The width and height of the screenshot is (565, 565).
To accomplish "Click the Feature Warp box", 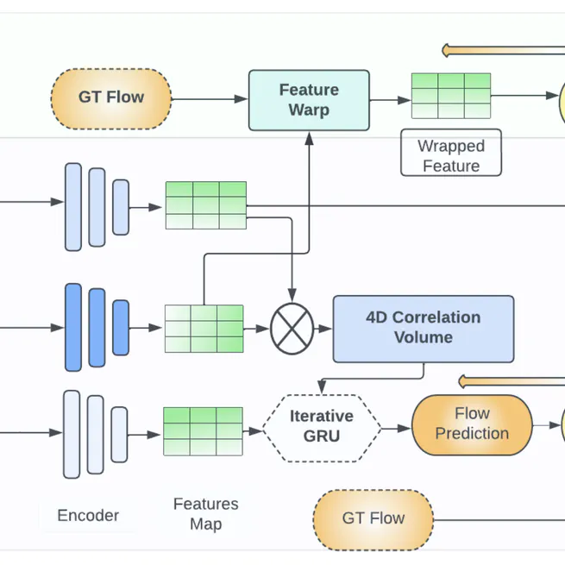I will pos(309,100).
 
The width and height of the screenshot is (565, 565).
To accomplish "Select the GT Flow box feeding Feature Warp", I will pos(111,98).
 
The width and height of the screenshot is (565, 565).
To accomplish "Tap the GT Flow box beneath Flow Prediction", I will pos(373,519).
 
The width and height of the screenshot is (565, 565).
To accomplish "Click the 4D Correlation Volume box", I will pos(423,328).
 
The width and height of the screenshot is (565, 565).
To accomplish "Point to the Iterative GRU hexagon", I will pos(321,427).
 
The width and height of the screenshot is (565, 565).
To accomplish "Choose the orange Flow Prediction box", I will pos(472,424).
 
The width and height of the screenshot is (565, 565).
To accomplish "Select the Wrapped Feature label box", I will pos(450,156).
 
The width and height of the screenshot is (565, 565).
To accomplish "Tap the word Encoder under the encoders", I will pos(88,516).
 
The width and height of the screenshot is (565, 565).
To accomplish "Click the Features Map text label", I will pos(205,514).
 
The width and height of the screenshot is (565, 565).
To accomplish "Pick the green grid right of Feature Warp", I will pos(450,95).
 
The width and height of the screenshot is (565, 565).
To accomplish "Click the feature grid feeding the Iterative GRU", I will pos(203,430).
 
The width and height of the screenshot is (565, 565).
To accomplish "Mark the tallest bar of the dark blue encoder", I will pos(73,327).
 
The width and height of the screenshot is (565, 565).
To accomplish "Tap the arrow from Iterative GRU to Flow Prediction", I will pos(396,427).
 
